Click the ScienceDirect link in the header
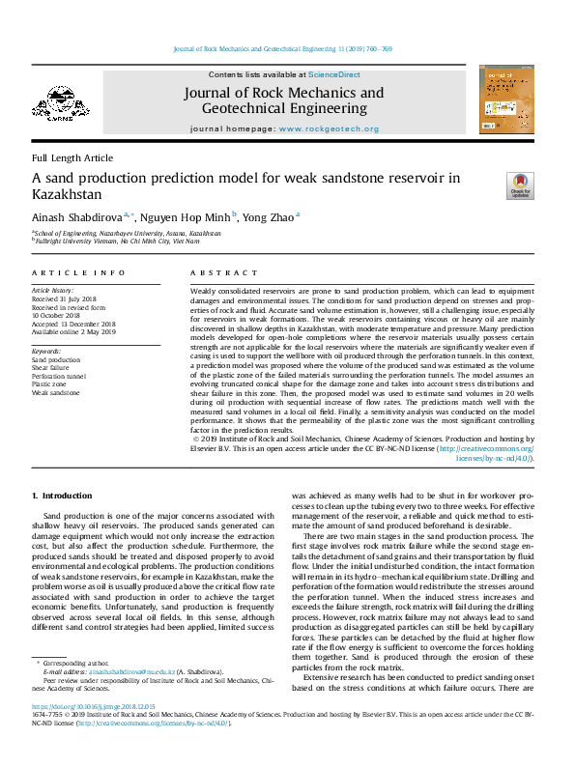(x=334, y=74)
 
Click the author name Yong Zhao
(x=270, y=216)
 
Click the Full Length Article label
(x=72, y=157)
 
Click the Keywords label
(x=47, y=351)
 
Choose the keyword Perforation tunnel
(x=59, y=376)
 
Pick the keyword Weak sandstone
(x=55, y=393)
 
